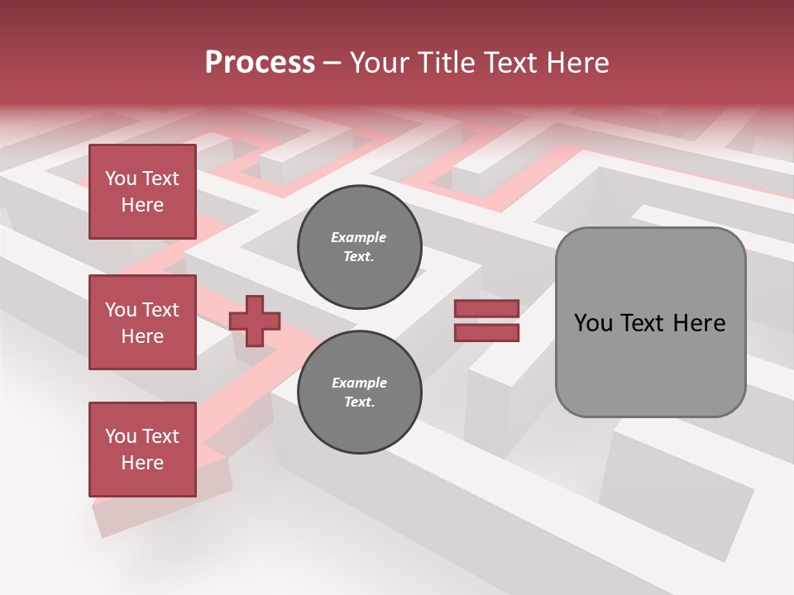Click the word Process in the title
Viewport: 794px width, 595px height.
click(x=260, y=63)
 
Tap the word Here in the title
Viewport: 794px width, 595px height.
click(x=576, y=63)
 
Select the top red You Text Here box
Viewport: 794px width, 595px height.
click(x=142, y=192)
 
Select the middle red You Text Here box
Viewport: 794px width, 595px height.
click(x=142, y=322)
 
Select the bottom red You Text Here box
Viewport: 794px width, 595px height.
click(x=142, y=450)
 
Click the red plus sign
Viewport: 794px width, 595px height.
click(x=255, y=321)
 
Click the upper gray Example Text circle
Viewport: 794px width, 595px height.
click(x=359, y=247)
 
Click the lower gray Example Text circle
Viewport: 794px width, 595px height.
click(x=359, y=393)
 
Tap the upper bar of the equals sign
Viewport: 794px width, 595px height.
click(x=486, y=308)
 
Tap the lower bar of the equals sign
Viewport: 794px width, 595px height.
click(x=486, y=332)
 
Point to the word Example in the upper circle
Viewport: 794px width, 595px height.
click(x=358, y=237)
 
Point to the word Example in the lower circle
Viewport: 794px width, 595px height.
click(x=359, y=383)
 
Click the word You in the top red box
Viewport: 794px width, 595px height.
click(x=121, y=178)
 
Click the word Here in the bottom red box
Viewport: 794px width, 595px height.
click(x=142, y=463)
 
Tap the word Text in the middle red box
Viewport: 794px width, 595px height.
click(x=160, y=310)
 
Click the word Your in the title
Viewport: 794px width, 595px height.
click(x=379, y=63)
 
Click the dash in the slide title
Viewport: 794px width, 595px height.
click(x=332, y=64)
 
